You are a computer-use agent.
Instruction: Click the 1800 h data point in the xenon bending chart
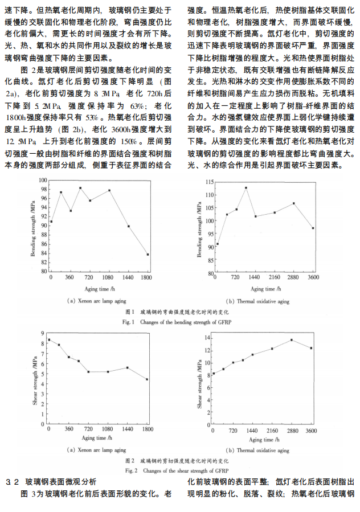148,255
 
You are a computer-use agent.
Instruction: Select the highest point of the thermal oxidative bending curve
246,187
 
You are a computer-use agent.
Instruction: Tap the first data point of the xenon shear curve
49,340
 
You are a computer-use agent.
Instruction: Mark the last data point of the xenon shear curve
148,379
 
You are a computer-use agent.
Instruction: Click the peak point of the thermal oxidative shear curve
292,340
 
